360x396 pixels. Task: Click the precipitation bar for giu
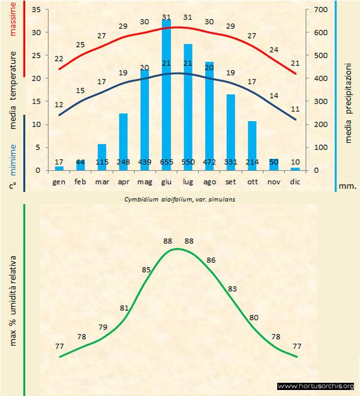point(166,96)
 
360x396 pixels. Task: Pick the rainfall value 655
point(166,163)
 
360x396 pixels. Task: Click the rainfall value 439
point(145,163)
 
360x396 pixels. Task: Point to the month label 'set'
point(230,181)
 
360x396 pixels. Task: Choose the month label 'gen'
point(59,181)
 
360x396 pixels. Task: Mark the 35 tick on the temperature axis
point(35,10)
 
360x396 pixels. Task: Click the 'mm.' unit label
point(347,186)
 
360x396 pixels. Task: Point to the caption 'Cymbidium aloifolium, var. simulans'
point(179,199)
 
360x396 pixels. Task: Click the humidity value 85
point(146,270)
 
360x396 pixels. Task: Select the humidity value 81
point(124,308)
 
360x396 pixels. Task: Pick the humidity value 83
point(233,289)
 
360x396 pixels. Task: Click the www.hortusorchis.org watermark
point(317,386)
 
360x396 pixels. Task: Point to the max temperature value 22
point(59,59)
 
